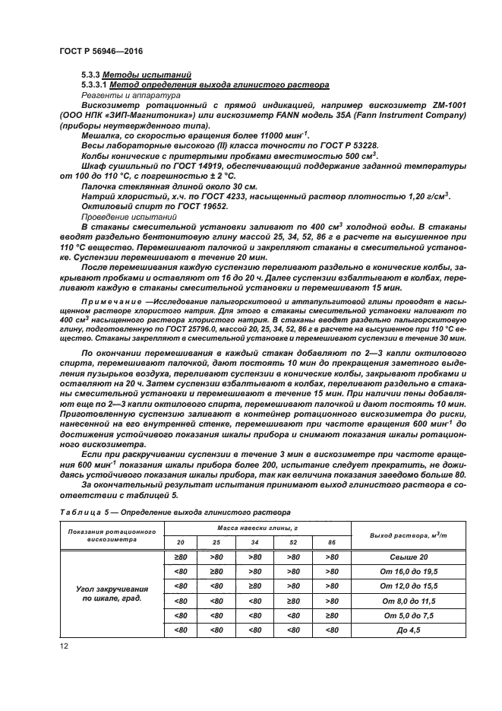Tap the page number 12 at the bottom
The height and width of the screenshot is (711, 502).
pyautogui.click(x=65, y=646)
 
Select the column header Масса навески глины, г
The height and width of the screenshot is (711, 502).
pyautogui.click(x=257, y=526)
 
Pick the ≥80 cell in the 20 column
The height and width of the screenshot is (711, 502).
pyautogui.click(x=182, y=557)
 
